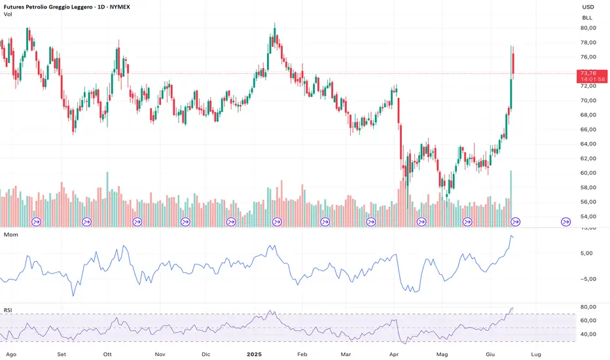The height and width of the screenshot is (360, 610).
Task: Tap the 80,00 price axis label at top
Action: pos(586,28)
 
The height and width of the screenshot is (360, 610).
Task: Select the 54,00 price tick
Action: pos(586,217)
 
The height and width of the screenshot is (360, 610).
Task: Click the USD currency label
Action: pos(587,7)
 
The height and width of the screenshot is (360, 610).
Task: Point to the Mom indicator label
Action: pos(10,234)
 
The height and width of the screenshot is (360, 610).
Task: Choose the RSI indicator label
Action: pos(9,310)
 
